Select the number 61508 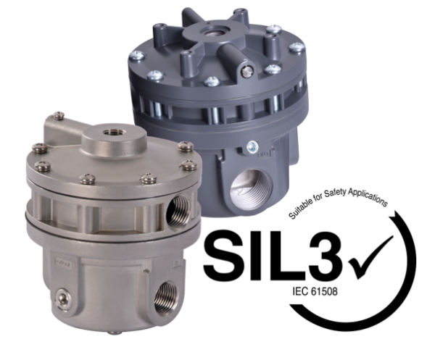tap(323, 296)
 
